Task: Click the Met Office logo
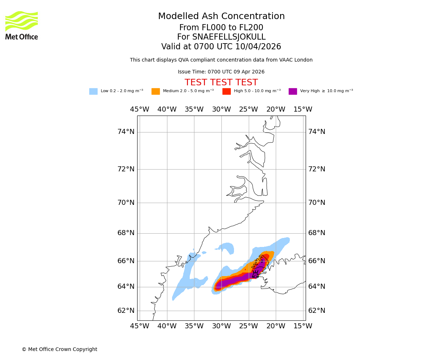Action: coord(22,25)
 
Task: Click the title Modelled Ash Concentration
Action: coord(221,17)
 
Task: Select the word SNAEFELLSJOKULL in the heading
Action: coord(229,37)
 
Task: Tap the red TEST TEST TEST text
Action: coord(221,83)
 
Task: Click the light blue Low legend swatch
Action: coord(93,91)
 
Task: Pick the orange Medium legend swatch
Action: coord(156,91)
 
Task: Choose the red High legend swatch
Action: coord(226,91)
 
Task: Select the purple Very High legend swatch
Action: coord(293,91)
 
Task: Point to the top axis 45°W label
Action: coord(140,109)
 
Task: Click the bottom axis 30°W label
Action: coord(221,326)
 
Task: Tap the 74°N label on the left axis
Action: coord(126,132)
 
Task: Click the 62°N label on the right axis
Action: coord(316,311)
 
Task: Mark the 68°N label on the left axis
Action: coord(126,233)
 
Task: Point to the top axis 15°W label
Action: coord(303,109)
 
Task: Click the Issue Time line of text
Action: coord(221,72)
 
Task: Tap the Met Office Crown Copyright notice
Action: coord(59,350)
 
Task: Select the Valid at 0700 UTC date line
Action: coord(221,47)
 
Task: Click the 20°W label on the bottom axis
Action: coord(276,326)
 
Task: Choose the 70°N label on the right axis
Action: coord(316,203)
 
